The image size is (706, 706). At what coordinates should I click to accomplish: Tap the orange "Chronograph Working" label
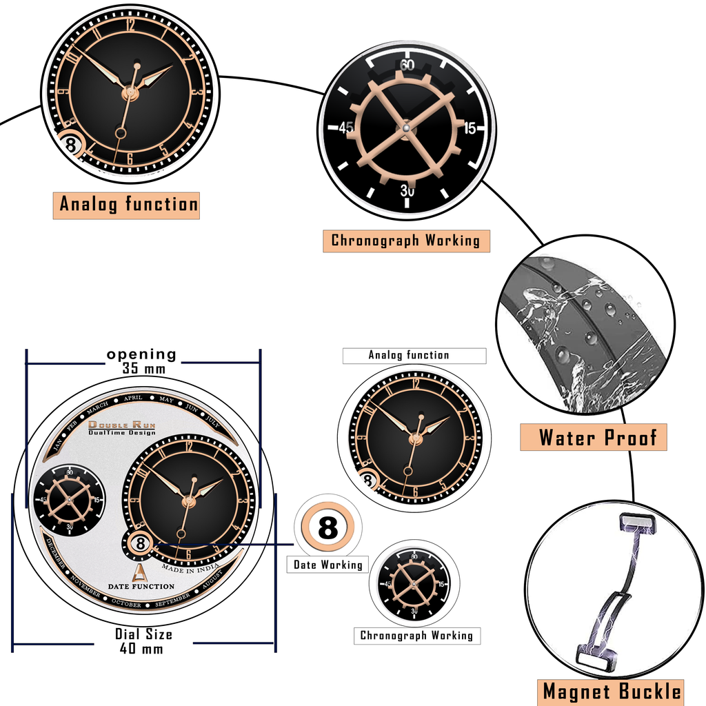coord(406,241)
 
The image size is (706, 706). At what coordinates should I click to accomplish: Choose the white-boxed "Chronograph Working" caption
coord(416,636)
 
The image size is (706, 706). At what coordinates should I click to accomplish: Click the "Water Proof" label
coord(593,437)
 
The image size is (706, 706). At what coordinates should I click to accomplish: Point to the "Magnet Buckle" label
coord(612,692)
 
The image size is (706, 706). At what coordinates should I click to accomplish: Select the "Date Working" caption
coord(327,565)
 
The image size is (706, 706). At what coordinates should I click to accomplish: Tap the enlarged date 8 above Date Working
coord(327,529)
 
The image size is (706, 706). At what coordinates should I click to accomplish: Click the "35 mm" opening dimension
coord(144,368)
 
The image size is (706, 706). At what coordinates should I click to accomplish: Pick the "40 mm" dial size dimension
coord(143,649)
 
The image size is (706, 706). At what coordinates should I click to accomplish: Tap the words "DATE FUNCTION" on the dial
coord(141,586)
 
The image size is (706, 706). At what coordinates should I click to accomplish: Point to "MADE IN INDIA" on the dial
coord(190,567)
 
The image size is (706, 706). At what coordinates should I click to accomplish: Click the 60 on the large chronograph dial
coord(407,65)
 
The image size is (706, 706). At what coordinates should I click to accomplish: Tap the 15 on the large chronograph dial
coord(470,128)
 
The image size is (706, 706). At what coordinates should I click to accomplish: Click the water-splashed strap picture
coord(585,325)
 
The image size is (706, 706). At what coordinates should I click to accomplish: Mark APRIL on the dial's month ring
coord(133,398)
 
